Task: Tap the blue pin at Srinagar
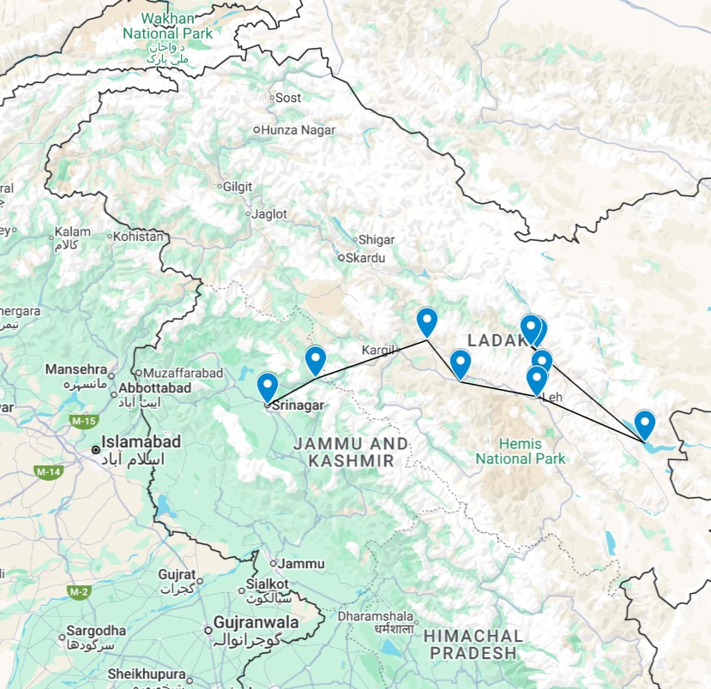tap(267, 387)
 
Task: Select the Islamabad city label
tap(142, 442)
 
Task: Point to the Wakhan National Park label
tap(166, 26)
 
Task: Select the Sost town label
tap(288, 98)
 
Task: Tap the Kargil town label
tap(377, 350)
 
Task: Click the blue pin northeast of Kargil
tap(426, 321)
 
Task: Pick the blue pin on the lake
tap(644, 422)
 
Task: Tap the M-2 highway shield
tap(80, 591)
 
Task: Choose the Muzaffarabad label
tap(183, 373)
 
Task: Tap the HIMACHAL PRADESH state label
tap(473, 644)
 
